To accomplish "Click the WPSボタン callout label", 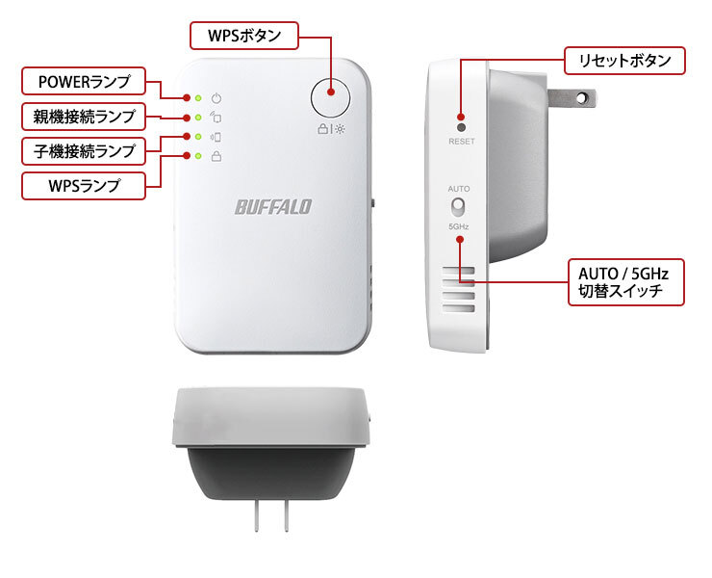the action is click(243, 36).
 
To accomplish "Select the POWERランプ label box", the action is click(84, 82).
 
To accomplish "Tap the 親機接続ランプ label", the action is click(84, 117).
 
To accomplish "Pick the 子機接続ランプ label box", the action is click(84, 151).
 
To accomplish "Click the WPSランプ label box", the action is click(84, 186).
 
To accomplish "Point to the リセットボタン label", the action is click(624, 61).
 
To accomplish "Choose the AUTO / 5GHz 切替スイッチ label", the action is click(625, 282).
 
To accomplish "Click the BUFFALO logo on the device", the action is click(273, 207).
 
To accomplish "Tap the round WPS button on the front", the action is click(331, 97).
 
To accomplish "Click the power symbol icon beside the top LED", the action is click(216, 98).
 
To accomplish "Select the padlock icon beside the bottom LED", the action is click(216, 156).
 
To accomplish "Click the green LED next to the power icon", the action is click(198, 98).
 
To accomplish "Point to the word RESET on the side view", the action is click(461, 142).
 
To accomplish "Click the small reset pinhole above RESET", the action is click(461, 127).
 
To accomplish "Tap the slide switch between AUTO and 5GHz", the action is click(458, 207).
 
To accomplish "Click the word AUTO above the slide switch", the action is click(459, 189).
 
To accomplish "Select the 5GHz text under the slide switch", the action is click(459, 226).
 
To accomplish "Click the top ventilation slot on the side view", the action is click(458, 271).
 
